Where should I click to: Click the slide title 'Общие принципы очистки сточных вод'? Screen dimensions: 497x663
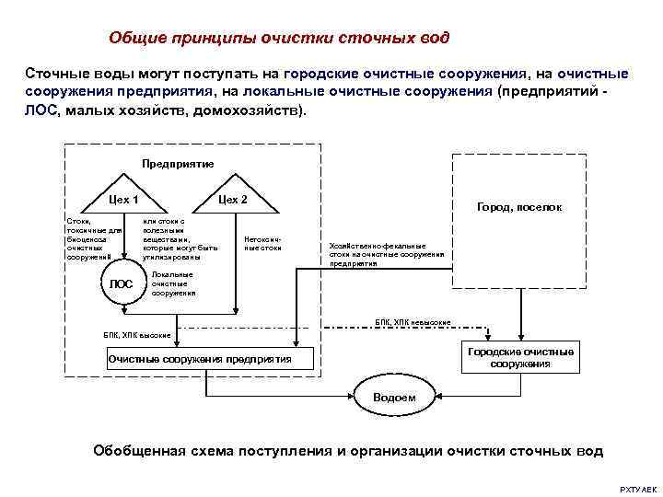click(279, 38)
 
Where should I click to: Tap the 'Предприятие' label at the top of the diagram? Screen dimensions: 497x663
click(178, 164)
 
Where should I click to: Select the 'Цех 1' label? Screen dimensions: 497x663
click(123, 199)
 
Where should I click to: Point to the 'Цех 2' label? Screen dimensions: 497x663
click(232, 199)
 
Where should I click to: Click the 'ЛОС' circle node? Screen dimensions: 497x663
click(121, 284)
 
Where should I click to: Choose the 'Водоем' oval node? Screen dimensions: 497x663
click(393, 397)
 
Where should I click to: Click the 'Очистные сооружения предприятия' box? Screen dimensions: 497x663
click(199, 358)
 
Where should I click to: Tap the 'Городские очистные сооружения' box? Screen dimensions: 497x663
click(520, 358)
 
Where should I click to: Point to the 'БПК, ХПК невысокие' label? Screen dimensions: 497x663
click(413, 322)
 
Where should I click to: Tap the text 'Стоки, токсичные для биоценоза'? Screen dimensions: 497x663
click(87, 237)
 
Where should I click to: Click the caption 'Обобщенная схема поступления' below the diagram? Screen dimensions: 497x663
click(348, 451)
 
